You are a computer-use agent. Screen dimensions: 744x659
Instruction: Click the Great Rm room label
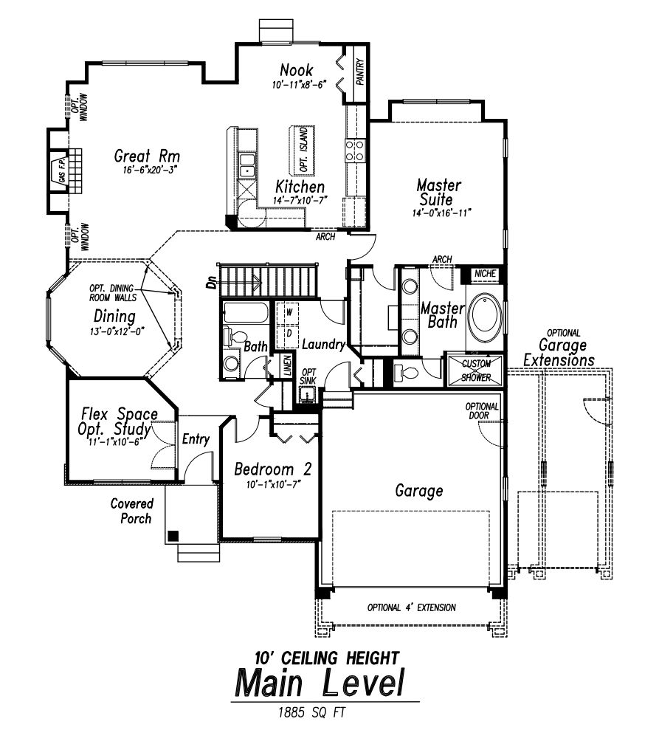(x=148, y=156)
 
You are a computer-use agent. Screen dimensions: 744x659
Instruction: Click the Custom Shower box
(x=475, y=370)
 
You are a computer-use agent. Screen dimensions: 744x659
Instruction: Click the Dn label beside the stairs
(x=212, y=280)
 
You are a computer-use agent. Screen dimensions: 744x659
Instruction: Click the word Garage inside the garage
(x=418, y=490)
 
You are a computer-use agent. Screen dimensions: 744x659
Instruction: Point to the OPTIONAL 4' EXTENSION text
(x=411, y=608)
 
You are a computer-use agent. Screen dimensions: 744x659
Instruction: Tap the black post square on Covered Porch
(x=173, y=536)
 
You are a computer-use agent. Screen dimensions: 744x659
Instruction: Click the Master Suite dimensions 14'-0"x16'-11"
(x=442, y=213)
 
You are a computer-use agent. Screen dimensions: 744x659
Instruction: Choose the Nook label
(x=297, y=71)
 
